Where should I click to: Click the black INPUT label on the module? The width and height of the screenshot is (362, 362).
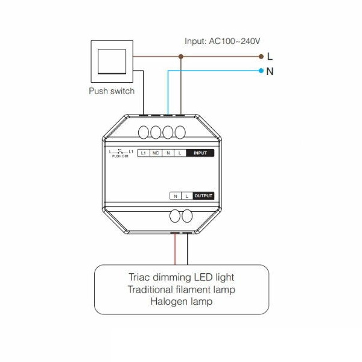tap(200, 153)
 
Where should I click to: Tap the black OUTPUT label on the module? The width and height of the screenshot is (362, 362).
tap(203, 195)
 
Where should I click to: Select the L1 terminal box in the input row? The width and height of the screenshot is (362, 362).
tap(144, 153)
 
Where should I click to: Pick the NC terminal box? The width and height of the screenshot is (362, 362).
tap(156, 153)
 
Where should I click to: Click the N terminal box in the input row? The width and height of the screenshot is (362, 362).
tap(168, 153)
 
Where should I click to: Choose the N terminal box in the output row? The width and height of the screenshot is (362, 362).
tap(176, 196)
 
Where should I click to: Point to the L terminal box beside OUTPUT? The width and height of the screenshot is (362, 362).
tap(187, 196)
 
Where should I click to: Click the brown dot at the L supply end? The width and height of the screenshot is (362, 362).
tap(261, 57)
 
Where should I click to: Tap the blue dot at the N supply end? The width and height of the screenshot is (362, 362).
tap(261, 71)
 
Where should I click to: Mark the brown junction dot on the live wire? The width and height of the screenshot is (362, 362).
tap(181, 57)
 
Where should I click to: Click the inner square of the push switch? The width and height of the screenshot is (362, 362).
tap(112, 62)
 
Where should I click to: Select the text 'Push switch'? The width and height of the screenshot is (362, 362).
tap(112, 91)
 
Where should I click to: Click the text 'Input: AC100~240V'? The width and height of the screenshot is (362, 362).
tap(222, 41)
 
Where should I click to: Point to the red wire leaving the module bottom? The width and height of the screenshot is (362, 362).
tap(175, 249)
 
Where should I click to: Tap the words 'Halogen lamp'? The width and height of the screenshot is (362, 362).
tap(182, 302)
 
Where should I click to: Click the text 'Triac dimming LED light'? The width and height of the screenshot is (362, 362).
tap(182, 277)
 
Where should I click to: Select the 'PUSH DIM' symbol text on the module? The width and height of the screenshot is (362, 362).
tap(120, 156)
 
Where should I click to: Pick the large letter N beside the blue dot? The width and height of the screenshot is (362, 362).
tap(270, 71)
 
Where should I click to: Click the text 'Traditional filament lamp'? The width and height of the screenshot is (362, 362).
tap(182, 289)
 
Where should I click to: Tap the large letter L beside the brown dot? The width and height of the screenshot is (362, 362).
tap(270, 57)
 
